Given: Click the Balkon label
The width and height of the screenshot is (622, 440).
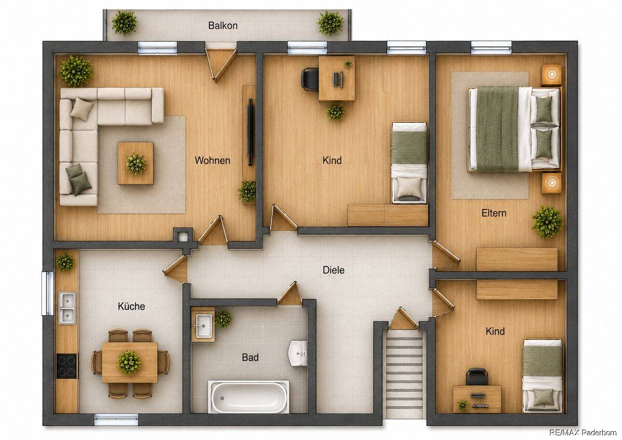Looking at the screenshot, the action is tap(223, 25).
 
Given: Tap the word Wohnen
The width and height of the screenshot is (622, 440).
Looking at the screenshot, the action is tap(213, 161).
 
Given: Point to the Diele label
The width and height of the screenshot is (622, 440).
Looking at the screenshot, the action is tap(333, 270).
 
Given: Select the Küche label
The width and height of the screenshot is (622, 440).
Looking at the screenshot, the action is tap(131, 306).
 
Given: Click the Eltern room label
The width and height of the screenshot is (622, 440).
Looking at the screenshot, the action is tap(493, 213).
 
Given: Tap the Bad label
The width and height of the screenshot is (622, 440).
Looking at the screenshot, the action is tap(250, 357).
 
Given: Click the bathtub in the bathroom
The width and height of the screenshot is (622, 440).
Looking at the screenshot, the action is tap(248, 397).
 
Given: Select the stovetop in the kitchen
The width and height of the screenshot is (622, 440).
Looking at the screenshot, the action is tap(67, 366).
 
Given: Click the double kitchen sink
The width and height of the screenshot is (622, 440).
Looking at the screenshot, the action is tap(67, 308).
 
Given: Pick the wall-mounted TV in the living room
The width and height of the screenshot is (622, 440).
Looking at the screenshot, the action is tap(250, 132).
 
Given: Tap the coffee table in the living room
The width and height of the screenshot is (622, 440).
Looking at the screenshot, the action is tap(136, 163).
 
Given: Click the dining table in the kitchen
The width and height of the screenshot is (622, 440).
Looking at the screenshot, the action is tap(130, 362).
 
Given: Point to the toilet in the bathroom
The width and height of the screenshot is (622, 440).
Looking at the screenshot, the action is tap(299, 353).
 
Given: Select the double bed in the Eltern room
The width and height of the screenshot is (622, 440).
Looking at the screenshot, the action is tap(514, 129).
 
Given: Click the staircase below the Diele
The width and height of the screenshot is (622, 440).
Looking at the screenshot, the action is tap(404, 373).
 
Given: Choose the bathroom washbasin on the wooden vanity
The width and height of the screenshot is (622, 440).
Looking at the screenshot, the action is tap(204, 325).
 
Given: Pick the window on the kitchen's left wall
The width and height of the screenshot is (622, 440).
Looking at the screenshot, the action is tap(48, 293).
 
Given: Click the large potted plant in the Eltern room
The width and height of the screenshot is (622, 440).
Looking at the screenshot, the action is tap(547, 221).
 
